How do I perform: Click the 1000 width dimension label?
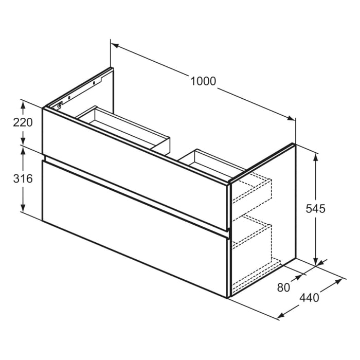pyautogui.click(x=203, y=81)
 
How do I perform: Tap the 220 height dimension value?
pyautogui.click(x=23, y=123)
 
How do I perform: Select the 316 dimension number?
pyautogui.click(x=23, y=178)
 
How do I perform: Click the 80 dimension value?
pyautogui.click(x=283, y=287)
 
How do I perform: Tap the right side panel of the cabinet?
pyautogui.click(x=280, y=206)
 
